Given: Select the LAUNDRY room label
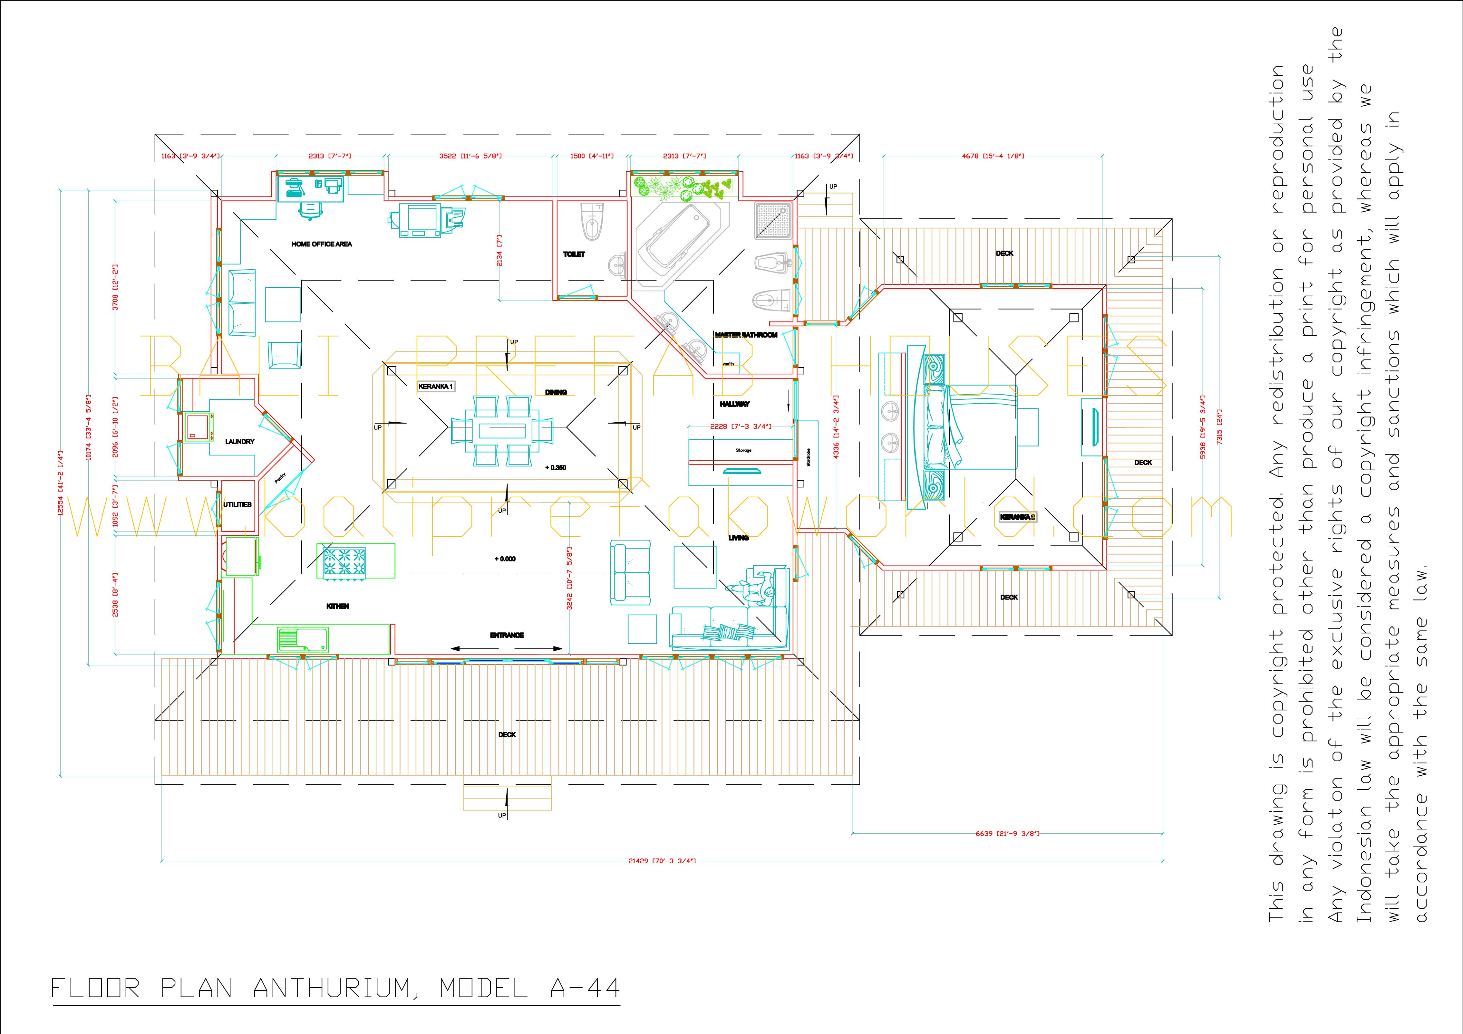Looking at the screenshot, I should (239, 442).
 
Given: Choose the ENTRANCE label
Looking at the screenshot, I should (507, 635).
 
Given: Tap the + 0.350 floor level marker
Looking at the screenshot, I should (556, 468).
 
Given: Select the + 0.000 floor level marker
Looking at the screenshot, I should (505, 559).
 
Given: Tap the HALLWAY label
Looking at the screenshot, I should (735, 404).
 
